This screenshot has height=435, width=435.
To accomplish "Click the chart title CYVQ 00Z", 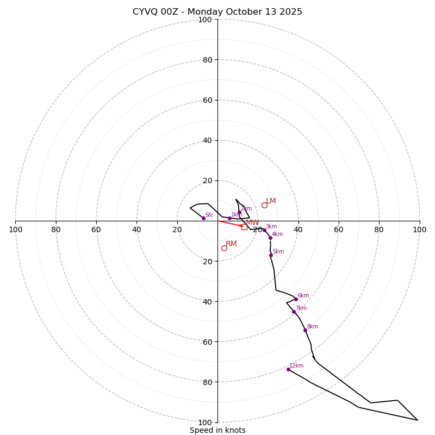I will [217, 12].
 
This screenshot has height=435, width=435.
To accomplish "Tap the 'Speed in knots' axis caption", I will [217, 431].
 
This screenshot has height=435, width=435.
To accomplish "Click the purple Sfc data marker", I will [203, 218].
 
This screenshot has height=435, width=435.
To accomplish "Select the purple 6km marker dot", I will [296, 299].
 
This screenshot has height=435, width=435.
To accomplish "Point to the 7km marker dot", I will [294, 312].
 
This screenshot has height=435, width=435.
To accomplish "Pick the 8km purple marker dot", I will [305, 330].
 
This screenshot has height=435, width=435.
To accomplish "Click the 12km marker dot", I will [288, 369].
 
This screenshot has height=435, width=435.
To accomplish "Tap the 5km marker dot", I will [271, 255].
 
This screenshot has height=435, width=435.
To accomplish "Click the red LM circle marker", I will [264, 205].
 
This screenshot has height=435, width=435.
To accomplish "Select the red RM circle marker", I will [224, 248].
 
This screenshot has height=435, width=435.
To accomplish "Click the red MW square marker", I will [244, 227].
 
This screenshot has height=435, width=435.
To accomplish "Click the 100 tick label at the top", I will [205, 20].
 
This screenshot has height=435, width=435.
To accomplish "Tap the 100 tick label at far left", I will [15, 230].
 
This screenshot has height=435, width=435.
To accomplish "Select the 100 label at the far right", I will [419, 230].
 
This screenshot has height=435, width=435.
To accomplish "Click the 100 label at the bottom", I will [205, 422].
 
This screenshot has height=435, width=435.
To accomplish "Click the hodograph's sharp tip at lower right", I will [418, 420].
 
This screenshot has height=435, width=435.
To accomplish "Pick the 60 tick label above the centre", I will [207, 100].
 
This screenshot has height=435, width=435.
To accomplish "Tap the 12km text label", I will [296, 366].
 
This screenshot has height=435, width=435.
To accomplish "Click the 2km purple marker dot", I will [239, 213].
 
